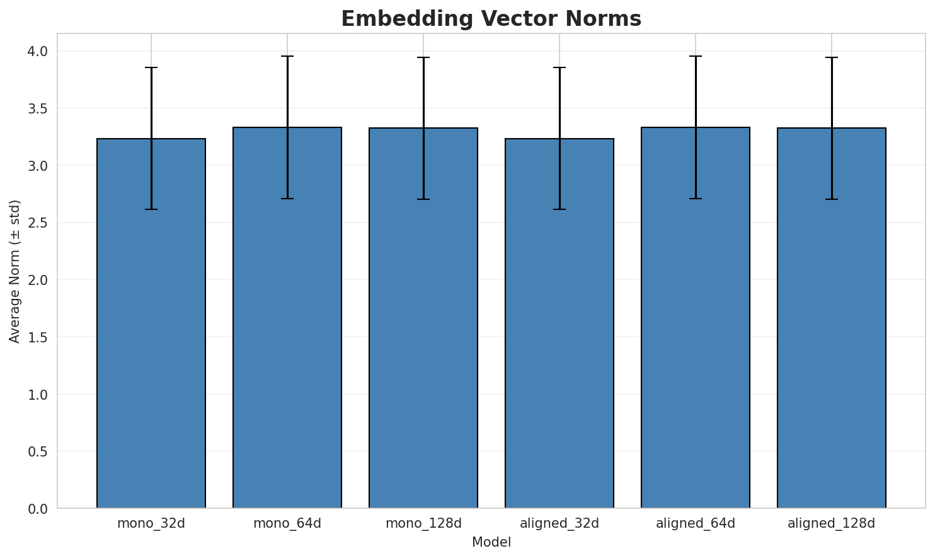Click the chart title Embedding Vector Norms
(x=491, y=19)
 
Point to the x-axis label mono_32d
(x=151, y=523)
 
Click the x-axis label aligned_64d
(x=696, y=523)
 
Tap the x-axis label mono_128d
(x=423, y=523)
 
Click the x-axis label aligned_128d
(x=832, y=523)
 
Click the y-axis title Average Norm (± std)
(x=15, y=271)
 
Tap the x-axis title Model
(x=491, y=542)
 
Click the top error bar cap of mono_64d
(x=287, y=56)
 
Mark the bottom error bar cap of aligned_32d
(x=559, y=209)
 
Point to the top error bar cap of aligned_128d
(x=832, y=57)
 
